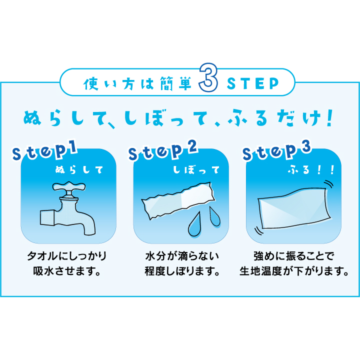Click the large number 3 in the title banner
(208, 77)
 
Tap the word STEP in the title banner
(253, 83)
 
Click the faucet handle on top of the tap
(69, 187)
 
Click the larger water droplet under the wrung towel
(194, 224)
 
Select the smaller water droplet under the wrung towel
(214, 216)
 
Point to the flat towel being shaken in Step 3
(294, 208)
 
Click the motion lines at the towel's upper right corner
(328, 184)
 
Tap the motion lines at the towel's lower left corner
(259, 230)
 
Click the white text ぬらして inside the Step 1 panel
(79, 170)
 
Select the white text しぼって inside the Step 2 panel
(196, 170)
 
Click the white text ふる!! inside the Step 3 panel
(311, 170)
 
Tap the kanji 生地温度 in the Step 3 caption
(260, 271)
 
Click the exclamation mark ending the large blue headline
(329, 118)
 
